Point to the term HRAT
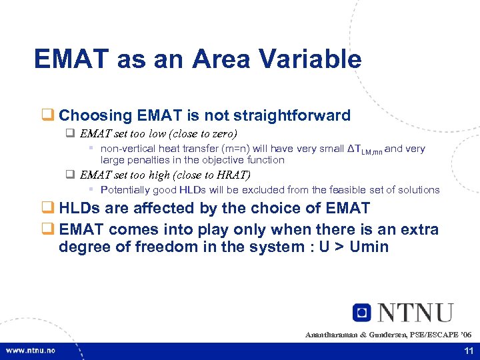point(233,175)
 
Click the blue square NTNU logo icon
point(361,312)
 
